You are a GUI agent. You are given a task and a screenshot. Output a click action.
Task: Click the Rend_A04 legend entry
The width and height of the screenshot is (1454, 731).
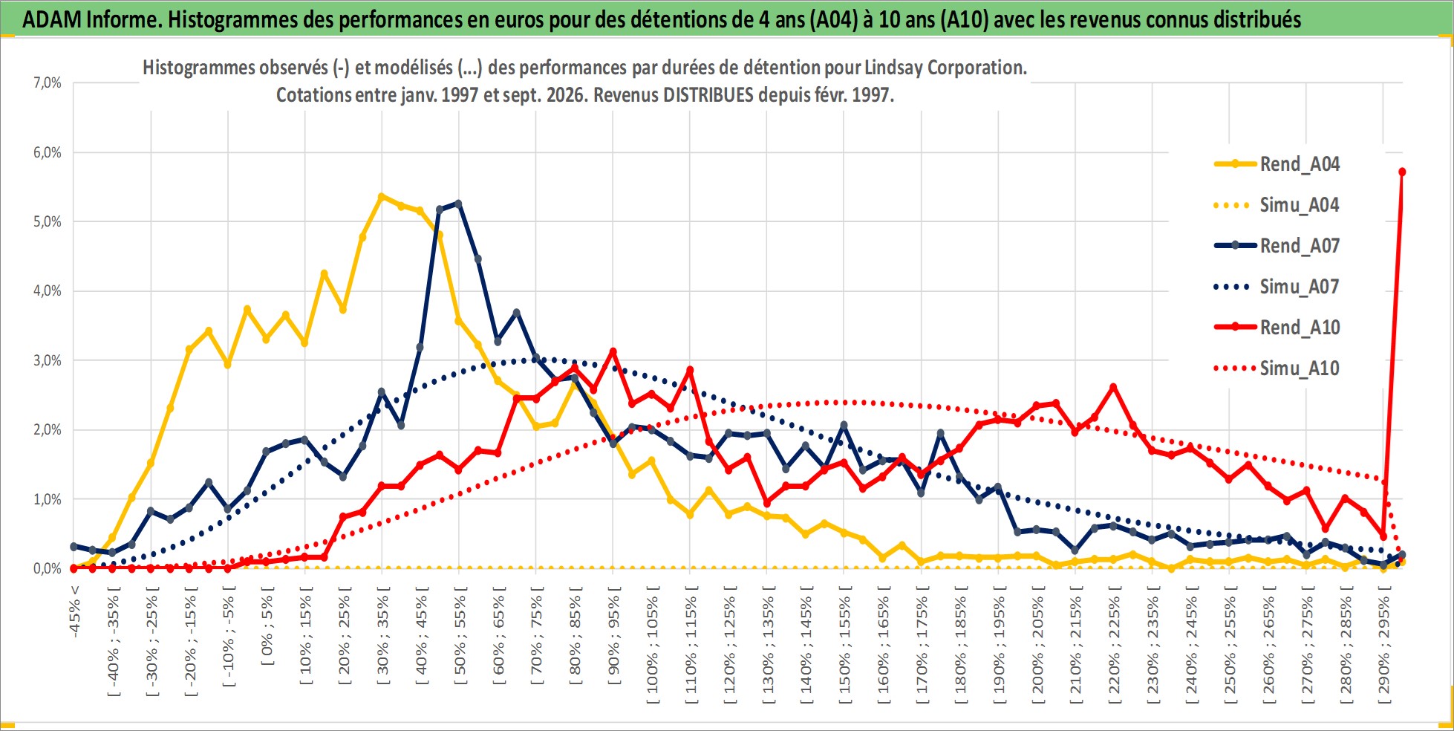pyautogui.click(x=1277, y=164)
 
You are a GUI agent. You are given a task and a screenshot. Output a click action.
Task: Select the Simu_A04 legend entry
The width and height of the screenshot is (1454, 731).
pyautogui.click(x=1277, y=205)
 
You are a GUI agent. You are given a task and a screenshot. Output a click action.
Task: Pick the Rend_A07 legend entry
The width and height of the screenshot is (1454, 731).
pyautogui.click(x=1277, y=246)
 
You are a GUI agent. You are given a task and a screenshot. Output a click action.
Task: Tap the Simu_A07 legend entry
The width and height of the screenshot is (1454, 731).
pyautogui.click(x=1277, y=287)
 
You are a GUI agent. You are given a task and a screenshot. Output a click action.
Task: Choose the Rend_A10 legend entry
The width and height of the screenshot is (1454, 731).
pyautogui.click(x=1277, y=328)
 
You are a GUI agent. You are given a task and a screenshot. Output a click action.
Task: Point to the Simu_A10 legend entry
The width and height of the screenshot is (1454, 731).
pyautogui.click(x=1277, y=368)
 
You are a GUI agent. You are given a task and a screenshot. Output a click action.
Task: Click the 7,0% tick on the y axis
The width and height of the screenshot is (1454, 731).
pyautogui.click(x=47, y=83)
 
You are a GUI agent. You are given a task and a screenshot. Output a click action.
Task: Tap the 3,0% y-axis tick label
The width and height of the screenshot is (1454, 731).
pyautogui.click(x=47, y=361)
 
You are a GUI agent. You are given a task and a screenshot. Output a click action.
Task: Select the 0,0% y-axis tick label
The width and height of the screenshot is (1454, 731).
pyautogui.click(x=47, y=569)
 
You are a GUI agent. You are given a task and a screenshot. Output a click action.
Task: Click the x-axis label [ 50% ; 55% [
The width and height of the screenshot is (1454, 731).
pyautogui.click(x=460, y=636)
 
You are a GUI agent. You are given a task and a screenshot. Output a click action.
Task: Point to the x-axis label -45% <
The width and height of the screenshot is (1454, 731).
pyautogui.click(x=75, y=612)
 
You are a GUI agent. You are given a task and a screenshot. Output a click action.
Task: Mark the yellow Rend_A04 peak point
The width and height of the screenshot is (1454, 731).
pyautogui.click(x=382, y=197)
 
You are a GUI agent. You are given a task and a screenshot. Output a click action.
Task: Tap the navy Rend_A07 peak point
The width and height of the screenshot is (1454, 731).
pyautogui.click(x=458, y=203)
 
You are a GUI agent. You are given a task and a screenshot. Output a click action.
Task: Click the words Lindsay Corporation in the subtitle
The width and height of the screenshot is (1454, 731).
pyautogui.click(x=945, y=68)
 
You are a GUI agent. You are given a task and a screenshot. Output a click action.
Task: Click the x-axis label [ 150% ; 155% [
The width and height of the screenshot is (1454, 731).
pyautogui.click(x=844, y=643)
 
